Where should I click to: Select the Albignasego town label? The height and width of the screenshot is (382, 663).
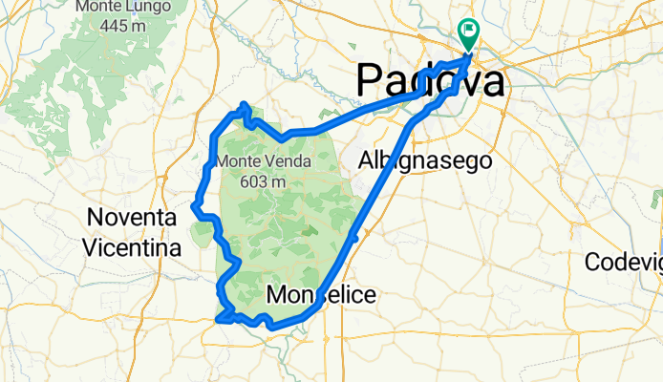point(425,161)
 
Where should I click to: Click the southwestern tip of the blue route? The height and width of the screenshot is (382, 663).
point(219,321)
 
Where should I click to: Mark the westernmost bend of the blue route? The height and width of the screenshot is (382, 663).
point(194,203)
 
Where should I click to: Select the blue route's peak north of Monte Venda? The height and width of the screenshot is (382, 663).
point(245,104)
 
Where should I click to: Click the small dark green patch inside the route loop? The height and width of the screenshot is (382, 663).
point(306,230)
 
